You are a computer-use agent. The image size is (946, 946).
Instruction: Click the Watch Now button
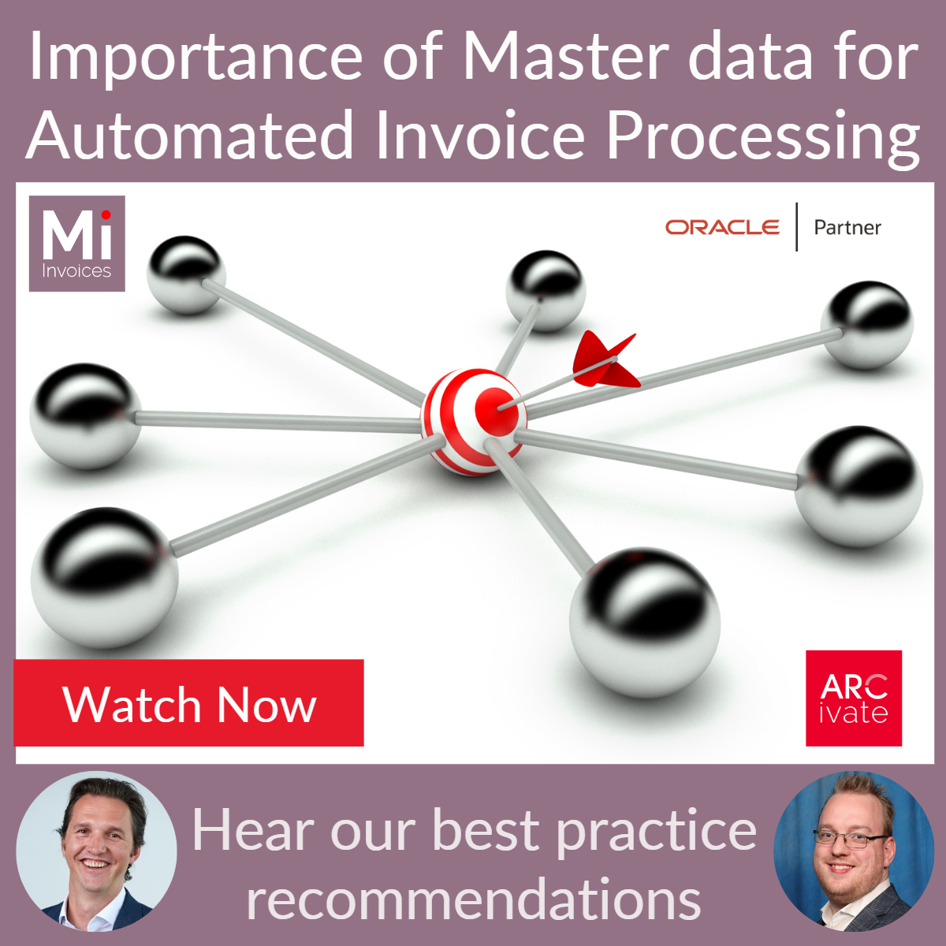pyautogui.click(x=189, y=703)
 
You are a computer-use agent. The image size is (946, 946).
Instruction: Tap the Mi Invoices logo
pyautogui.click(x=76, y=244)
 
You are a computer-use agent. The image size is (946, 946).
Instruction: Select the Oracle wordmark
pyautogui.click(x=722, y=227)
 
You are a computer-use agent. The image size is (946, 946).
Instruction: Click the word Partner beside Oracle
pyautogui.click(x=847, y=228)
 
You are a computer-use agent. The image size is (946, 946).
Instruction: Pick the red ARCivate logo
pyautogui.click(x=854, y=698)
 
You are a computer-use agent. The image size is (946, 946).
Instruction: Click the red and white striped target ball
pyautogui.click(x=473, y=422)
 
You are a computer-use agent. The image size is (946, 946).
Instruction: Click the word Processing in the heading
pyautogui.click(x=763, y=136)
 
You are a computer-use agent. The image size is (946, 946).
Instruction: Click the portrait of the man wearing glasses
pyautogui.click(x=854, y=851)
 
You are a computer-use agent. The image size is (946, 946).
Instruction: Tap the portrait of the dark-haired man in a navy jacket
pyautogui.click(x=96, y=851)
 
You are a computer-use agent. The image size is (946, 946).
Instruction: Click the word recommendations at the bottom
pyautogui.click(x=474, y=899)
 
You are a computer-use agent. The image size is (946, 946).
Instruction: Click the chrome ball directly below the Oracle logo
pyautogui.click(x=546, y=290)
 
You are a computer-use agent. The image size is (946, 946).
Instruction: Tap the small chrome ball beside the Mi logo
pyautogui.click(x=186, y=274)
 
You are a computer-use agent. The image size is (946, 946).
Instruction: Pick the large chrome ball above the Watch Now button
pyautogui.click(x=104, y=577)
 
